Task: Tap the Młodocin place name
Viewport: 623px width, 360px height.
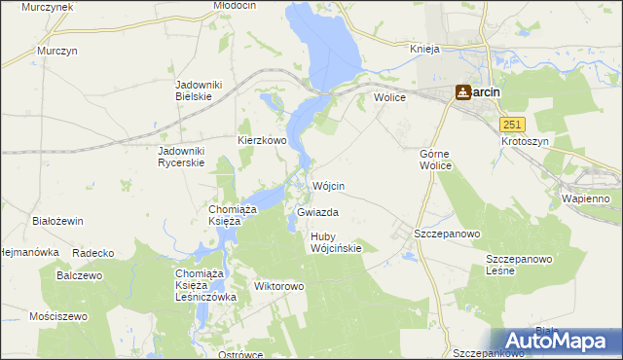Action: coord(234,6)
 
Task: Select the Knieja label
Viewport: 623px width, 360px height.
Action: coord(425,49)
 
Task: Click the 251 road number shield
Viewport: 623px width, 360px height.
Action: coord(513,125)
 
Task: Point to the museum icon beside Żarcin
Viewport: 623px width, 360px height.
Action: coord(462,92)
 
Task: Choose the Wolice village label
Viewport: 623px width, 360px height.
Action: coord(389,97)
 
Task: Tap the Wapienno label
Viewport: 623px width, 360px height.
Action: coord(585,198)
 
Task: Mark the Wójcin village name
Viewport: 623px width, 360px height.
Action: coord(328,186)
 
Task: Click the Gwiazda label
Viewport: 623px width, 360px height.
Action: coord(317,212)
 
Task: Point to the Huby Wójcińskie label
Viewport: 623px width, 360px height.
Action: coord(336,242)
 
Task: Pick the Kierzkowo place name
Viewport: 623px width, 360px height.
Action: coord(262,140)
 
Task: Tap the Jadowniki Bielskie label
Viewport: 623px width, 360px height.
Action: coord(199,91)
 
